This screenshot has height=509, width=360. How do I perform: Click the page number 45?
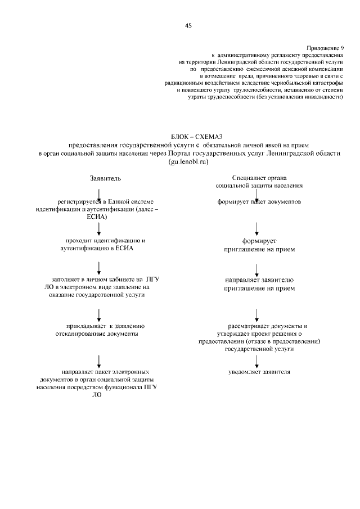pos(188,25)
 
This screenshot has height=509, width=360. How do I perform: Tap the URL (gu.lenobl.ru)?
pos(188,161)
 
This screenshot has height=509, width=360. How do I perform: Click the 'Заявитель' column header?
pos(105,178)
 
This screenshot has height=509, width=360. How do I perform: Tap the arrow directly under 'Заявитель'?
pos(99,195)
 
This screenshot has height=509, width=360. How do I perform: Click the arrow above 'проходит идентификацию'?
pos(99,228)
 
